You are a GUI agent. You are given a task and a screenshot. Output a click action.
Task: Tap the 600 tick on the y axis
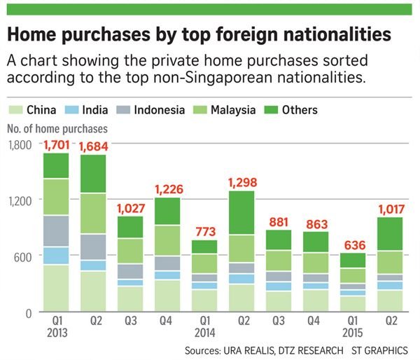pos(24,257)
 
